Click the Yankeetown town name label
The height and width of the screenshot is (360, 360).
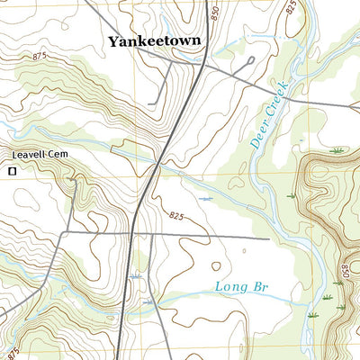(x=154, y=41)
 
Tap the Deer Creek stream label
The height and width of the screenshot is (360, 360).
(x=266, y=113)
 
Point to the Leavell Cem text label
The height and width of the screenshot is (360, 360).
(x=40, y=155)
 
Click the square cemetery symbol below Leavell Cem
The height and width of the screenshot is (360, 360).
(x=13, y=170)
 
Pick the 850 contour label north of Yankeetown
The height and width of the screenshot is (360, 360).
(x=211, y=15)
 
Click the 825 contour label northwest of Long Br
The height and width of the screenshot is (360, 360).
(x=176, y=216)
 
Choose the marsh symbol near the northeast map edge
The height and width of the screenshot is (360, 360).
(x=337, y=149)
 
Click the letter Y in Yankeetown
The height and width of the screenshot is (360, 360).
(x=114, y=41)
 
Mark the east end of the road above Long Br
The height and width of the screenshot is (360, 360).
(x=268, y=239)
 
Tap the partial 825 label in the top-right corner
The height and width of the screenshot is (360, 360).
(x=290, y=7)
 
